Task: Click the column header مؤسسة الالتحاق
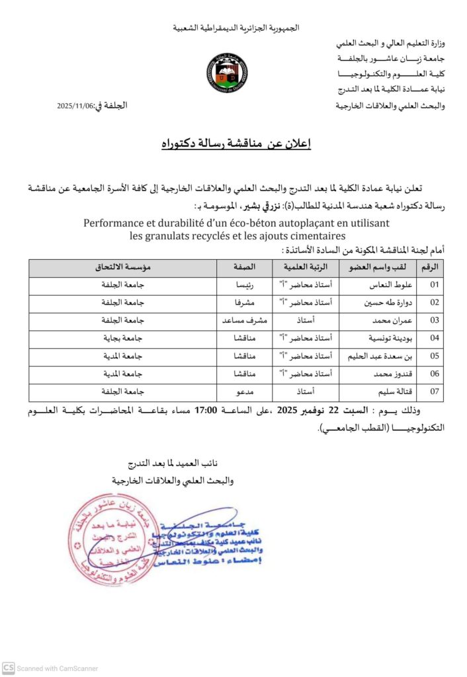tap(122, 267)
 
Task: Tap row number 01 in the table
tap(435, 286)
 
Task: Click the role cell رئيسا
tap(238, 286)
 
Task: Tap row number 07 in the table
tap(435, 391)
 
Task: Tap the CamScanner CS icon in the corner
tap(9, 668)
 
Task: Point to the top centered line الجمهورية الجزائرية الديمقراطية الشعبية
tap(236, 28)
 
